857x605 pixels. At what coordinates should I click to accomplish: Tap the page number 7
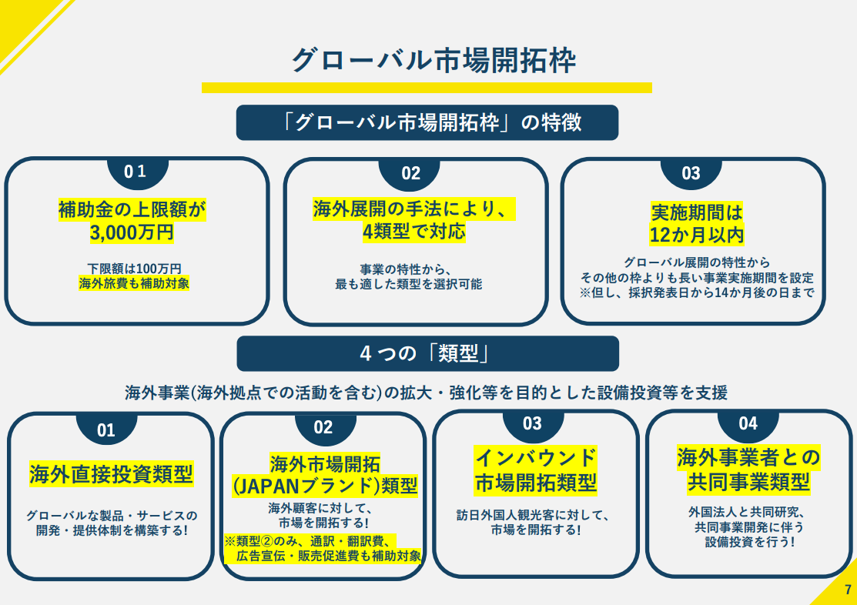(x=848, y=590)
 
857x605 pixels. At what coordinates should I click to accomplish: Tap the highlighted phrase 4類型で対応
(x=414, y=231)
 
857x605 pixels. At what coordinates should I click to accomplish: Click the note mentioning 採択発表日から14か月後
(x=697, y=292)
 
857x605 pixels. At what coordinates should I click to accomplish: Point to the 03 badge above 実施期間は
(x=691, y=173)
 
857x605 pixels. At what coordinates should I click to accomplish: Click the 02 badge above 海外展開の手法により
(x=411, y=173)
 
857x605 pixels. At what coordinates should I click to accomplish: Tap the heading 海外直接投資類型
(x=111, y=474)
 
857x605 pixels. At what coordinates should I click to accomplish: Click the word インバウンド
(x=535, y=458)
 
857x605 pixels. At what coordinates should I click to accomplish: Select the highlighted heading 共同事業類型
(x=748, y=483)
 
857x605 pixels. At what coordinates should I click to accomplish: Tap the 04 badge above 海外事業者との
(x=748, y=423)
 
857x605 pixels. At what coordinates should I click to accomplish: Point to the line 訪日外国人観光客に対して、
(x=534, y=515)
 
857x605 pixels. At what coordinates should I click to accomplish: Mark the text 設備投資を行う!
(x=749, y=542)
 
